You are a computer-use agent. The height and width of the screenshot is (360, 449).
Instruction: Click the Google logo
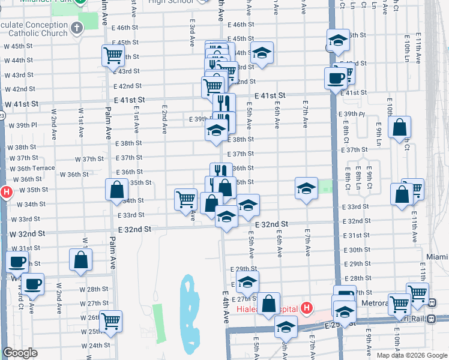click(x=20, y=353)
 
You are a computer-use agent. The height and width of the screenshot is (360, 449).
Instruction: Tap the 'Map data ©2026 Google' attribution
click(x=412, y=355)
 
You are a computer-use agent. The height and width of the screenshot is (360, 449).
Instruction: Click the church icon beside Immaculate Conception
click(x=76, y=28)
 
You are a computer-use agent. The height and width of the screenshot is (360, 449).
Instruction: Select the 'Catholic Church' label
click(x=43, y=33)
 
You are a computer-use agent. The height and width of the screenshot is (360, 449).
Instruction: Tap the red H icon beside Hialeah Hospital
click(x=307, y=308)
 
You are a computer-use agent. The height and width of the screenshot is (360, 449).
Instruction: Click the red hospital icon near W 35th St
click(x=6, y=193)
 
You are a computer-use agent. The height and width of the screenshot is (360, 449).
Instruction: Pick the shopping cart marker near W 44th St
click(x=113, y=56)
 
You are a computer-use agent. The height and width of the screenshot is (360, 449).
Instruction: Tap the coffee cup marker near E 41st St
click(x=336, y=77)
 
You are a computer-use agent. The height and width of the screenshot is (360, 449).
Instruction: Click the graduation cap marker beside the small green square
click(x=306, y=188)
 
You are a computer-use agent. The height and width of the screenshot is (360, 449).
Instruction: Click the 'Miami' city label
click(x=437, y=257)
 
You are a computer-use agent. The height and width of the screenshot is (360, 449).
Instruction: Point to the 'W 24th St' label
click(x=87, y=345)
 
